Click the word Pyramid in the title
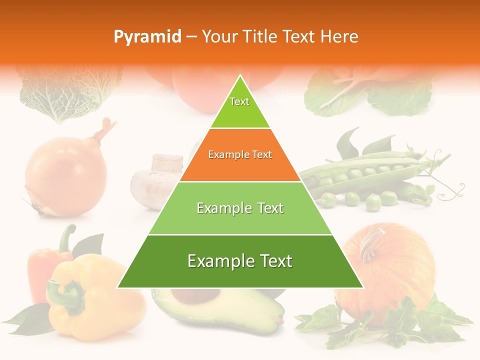(x=147, y=36)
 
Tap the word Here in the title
(x=339, y=36)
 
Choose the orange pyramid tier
(x=240, y=155)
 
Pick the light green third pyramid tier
(x=240, y=208)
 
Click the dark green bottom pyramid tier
(x=240, y=261)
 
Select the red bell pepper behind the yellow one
(x=42, y=270)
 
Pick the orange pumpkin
(x=395, y=270)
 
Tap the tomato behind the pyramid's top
(x=200, y=90)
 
